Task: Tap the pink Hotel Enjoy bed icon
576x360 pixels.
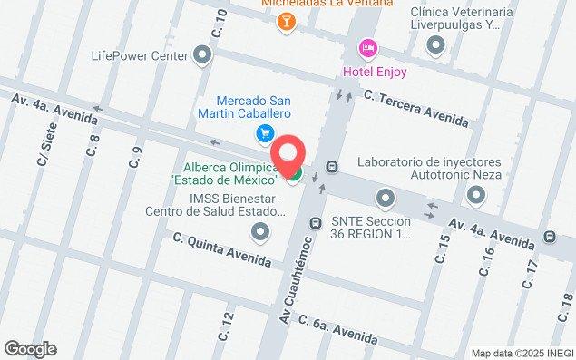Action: pos(367,47)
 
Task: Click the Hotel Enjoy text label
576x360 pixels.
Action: pos(374,72)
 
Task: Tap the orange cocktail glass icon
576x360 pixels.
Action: pos(287,23)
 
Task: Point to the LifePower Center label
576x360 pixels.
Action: pos(139,55)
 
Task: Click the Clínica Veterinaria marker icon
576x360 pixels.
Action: pos(436,44)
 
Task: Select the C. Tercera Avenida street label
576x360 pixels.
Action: pos(416,108)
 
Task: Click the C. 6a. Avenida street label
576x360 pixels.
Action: pos(337,331)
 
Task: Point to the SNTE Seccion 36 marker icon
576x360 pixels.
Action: pos(386,197)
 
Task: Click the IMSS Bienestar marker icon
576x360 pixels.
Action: pos(261,234)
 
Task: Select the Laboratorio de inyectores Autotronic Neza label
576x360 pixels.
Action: pos(429,169)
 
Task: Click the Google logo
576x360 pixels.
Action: pos(30,349)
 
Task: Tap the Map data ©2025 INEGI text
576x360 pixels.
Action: pos(522,353)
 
